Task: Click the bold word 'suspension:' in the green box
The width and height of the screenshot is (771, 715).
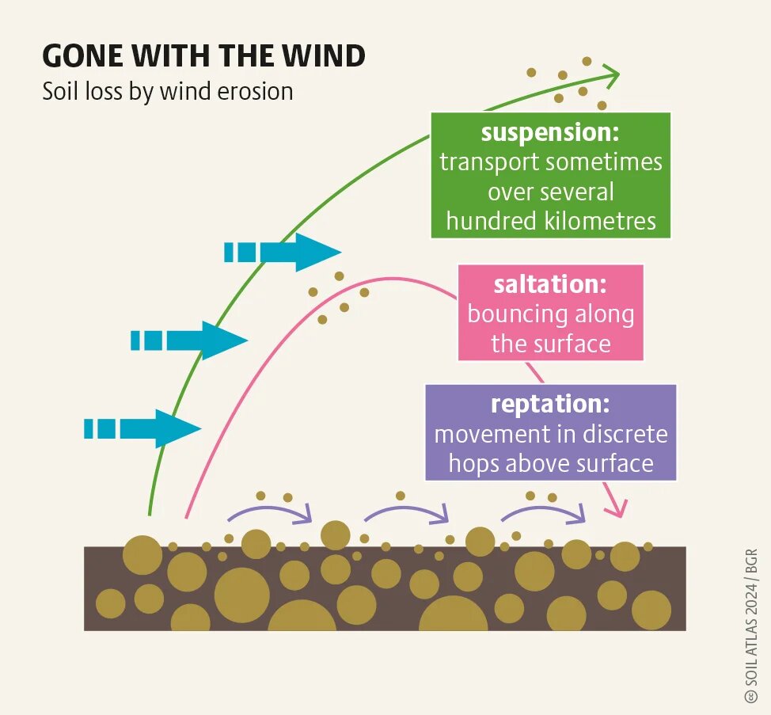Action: click(x=550, y=132)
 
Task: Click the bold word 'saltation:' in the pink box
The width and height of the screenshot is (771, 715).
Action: click(x=550, y=284)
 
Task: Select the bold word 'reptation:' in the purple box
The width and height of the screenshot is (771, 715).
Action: click(x=550, y=404)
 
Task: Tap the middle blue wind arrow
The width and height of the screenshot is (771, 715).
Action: click(x=190, y=340)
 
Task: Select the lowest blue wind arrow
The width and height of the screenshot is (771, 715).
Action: click(x=143, y=428)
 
